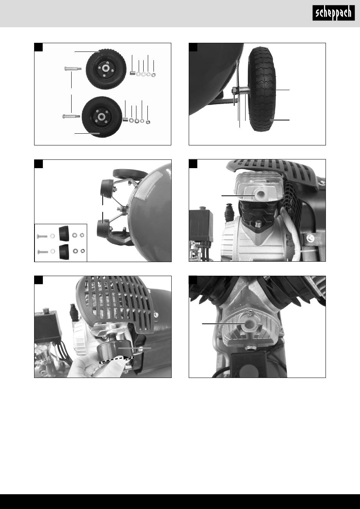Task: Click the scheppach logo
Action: pyautogui.click(x=333, y=13)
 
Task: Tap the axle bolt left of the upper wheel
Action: pyautogui.click(x=73, y=68)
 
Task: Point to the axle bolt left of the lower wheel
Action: pyautogui.click(x=71, y=116)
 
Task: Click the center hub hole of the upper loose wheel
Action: pyautogui.click(x=105, y=68)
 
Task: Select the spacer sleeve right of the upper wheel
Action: pyautogui.click(x=133, y=73)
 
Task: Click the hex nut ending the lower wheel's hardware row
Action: pyautogui.click(x=148, y=122)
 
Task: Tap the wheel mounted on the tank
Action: pyautogui.click(x=262, y=89)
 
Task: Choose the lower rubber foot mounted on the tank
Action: pyautogui.click(x=103, y=228)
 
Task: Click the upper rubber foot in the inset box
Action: pyautogui.click(x=64, y=233)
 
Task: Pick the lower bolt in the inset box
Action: pyautogui.click(x=42, y=252)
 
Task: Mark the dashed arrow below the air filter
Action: pyautogui.click(x=116, y=359)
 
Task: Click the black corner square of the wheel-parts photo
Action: pyautogui.click(x=38, y=47)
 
